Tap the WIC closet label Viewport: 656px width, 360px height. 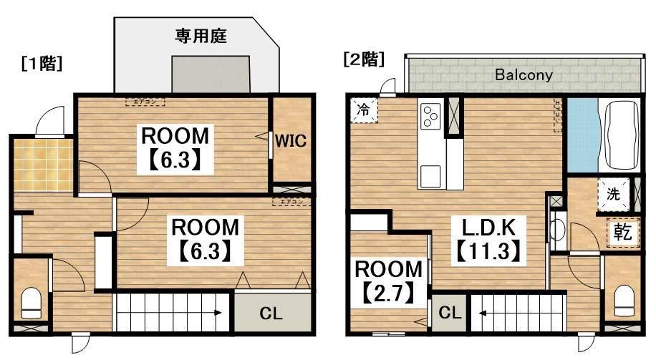tap(291, 141)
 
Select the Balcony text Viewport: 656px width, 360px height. tap(524, 74)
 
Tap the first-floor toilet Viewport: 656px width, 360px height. tap(31, 303)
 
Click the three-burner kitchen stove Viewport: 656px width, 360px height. tap(430, 116)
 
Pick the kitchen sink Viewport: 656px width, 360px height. tap(430, 175)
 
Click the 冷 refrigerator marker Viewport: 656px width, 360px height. tap(365, 111)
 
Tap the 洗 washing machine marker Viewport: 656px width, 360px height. tap(613, 193)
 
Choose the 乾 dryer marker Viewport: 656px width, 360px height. tap(621, 231)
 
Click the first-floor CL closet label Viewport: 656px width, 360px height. tap(270, 313)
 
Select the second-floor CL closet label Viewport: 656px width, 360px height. tap(448, 313)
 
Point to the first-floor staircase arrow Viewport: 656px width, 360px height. tap(218, 312)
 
